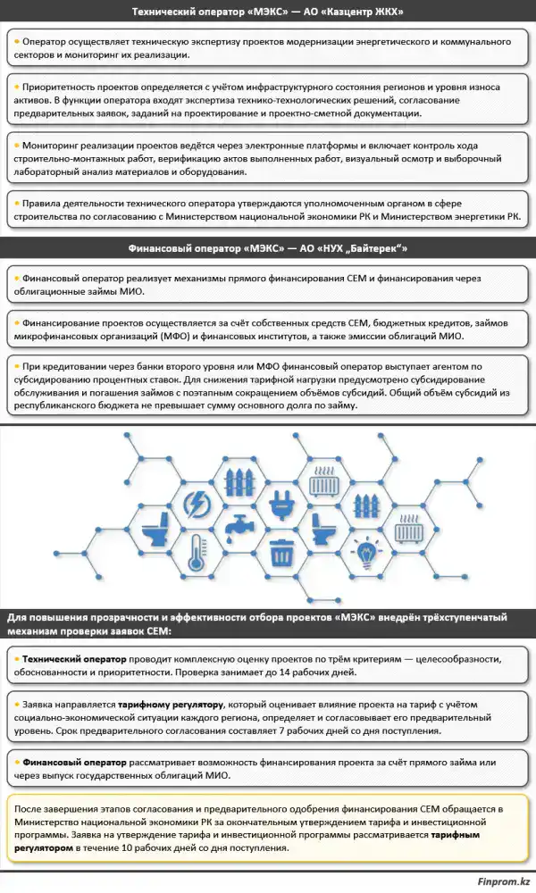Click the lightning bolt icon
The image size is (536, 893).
coord(197,504)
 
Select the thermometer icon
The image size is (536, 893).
coord(196,553)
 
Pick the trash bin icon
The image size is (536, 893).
coord(282,552)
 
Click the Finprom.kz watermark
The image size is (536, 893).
coord(504,881)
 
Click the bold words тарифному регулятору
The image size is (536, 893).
coord(170,705)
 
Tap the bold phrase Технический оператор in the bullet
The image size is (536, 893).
coord(74,659)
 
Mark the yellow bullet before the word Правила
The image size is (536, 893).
coord(17,203)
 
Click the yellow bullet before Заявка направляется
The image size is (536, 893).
coord(17,704)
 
